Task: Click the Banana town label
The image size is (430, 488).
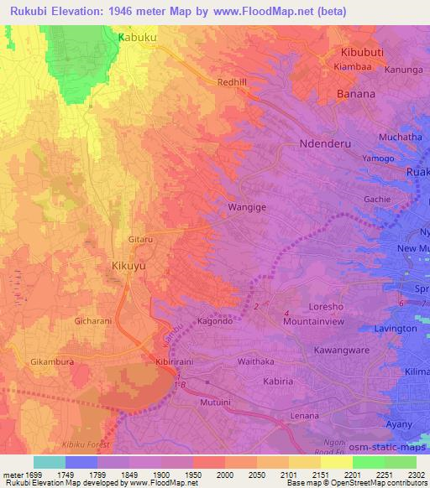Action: coord(356,94)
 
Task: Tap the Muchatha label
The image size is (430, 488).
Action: coord(376,137)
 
